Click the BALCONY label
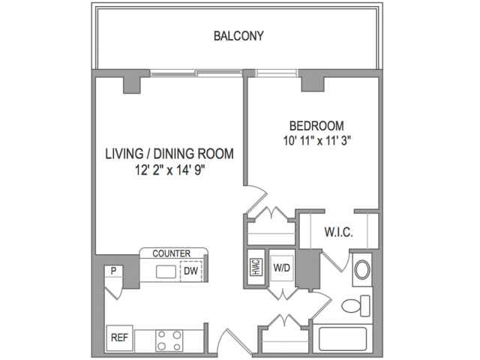tap(238, 36)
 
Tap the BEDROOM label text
tap(316, 126)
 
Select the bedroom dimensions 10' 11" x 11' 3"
tap(316, 141)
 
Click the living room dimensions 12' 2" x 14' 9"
tap(170, 170)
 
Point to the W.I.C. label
tap(338, 232)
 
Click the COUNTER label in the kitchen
tap(172, 253)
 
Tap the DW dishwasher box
tap(191, 271)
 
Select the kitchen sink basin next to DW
tap(166, 271)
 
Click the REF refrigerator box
tap(119, 338)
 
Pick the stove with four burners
tap(169, 340)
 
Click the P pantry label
tap(113, 271)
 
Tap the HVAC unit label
tap(256, 267)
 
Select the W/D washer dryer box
tap(282, 268)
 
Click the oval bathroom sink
tap(362, 270)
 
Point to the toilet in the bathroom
tap(355, 305)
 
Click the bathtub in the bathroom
tap(343, 339)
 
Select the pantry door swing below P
tap(114, 292)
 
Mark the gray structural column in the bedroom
tap(313, 84)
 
